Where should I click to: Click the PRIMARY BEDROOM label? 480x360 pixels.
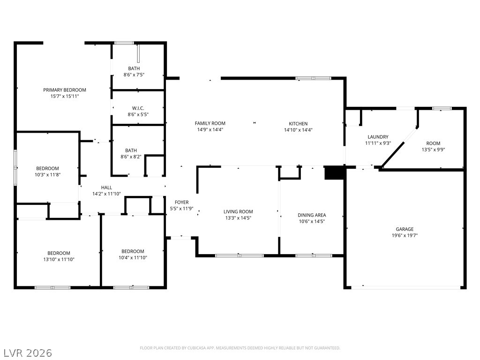(65, 90)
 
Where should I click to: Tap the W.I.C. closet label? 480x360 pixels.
(138, 108)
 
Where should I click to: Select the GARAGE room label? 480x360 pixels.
(405, 229)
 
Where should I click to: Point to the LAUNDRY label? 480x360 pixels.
(378, 137)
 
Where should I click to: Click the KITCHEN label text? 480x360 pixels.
(298, 124)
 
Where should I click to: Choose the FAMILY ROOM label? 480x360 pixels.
(210, 124)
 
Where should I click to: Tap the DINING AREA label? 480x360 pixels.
(312, 215)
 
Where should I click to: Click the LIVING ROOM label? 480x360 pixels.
(238, 212)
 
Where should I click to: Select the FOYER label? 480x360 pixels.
(181, 202)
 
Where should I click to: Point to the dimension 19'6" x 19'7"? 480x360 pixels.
(405, 236)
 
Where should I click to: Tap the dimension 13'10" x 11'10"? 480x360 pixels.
(59, 259)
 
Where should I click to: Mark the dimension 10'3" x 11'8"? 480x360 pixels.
(48, 174)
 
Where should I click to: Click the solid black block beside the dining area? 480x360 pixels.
(334, 172)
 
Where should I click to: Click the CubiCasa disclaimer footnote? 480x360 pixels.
(240, 348)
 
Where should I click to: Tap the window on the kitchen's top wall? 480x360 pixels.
(313, 78)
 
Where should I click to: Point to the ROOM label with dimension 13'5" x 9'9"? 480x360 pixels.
(433, 143)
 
